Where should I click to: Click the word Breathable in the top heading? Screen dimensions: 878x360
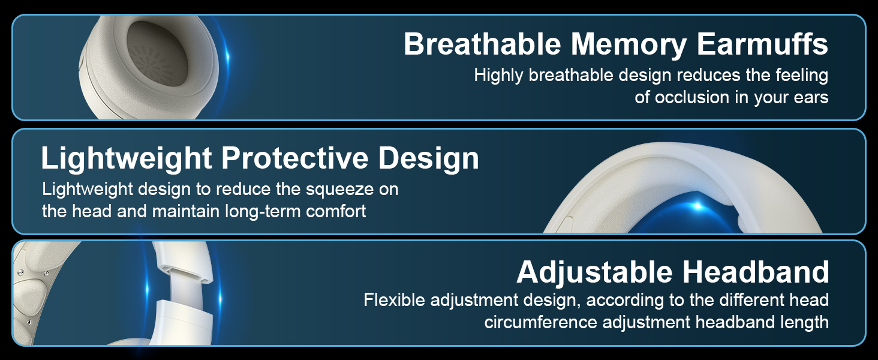pos(483,44)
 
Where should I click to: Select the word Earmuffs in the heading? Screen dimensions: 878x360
pos(762,44)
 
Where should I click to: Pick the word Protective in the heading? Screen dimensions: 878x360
pos(294,158)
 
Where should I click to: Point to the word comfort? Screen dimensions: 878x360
pos(336,211)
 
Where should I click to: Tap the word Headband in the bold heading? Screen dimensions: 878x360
pos(756,272)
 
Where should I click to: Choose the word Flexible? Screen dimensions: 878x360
pos(394,300)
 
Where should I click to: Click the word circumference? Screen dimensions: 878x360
pos(540,322)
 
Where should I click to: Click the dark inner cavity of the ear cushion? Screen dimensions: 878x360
pos(156,53)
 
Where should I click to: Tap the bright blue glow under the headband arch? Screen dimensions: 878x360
pos(697,205)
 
